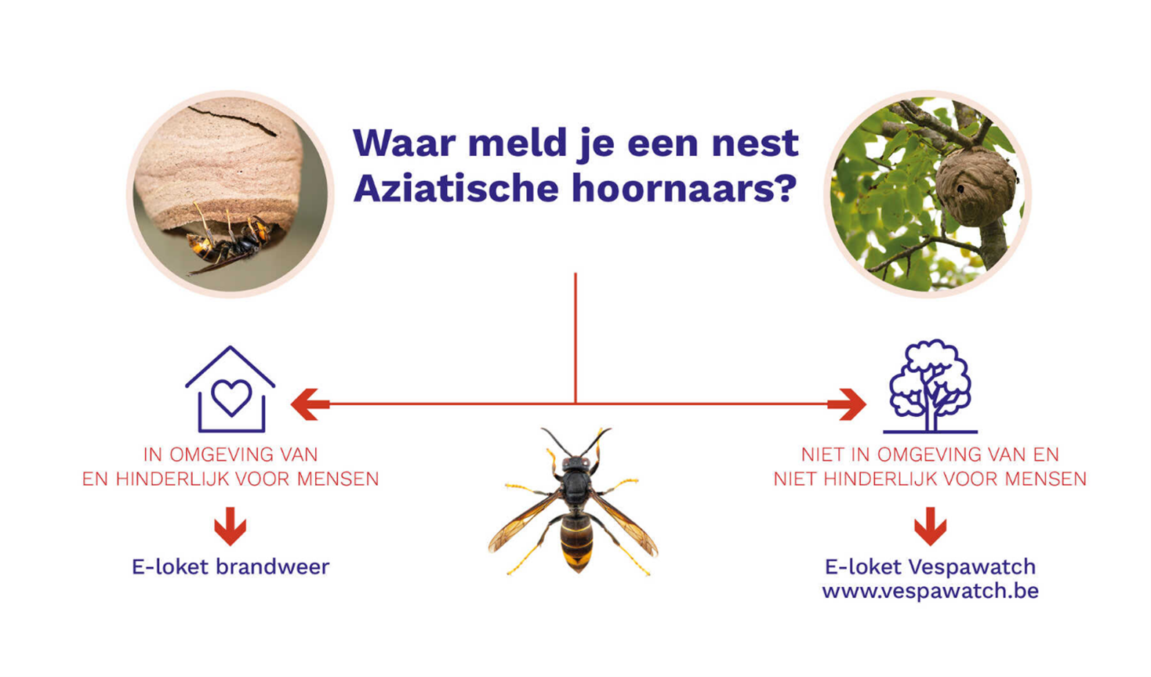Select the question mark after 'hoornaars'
[786, 188]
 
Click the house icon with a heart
[231, 389]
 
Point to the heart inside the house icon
[231, 397]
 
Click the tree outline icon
[930, 386]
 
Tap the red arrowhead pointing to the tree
[847, 404]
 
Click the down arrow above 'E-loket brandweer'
[231, 526]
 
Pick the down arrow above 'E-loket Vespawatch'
[930, 526]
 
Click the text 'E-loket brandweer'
[231, 567]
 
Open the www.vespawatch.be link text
[930, 592]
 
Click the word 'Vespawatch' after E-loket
[972, 567]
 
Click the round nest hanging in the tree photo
[975, 186]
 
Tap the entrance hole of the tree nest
[960, 189]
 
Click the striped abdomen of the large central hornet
[576, 542]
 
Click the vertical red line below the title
[575, 338]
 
